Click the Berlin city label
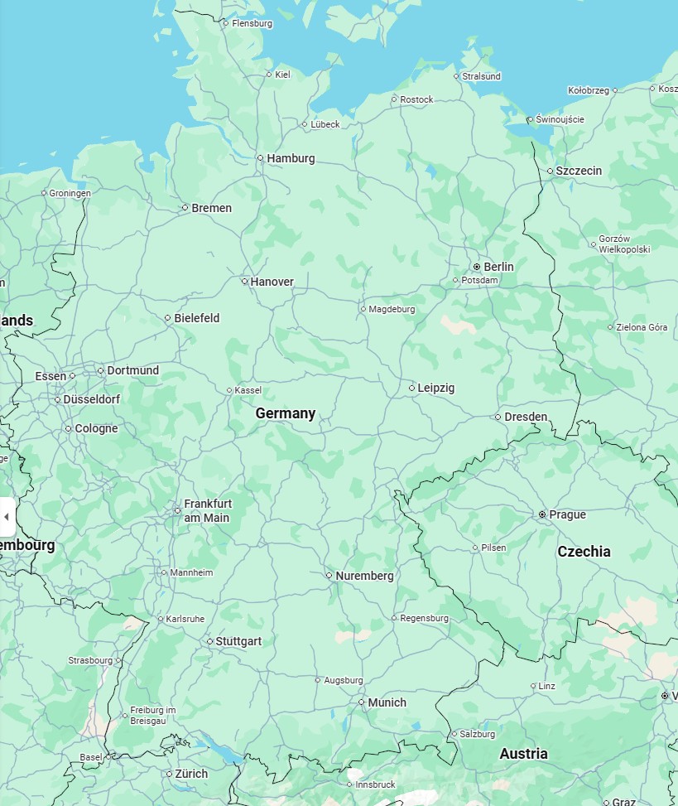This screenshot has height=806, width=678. [x=498, y=267]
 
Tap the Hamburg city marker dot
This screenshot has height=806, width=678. [x=260, y=157]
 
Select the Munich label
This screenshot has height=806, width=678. [x=387, y=702]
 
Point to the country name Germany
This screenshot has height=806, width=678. [x=285, y=413]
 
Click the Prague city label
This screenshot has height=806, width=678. [x=567, y=514]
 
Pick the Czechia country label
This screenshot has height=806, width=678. [x=584, y=552]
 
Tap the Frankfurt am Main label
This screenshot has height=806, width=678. [x=207, y=511]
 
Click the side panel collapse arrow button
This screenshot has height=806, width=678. [x=7, y=517]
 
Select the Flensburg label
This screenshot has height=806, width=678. [x=252, y=23]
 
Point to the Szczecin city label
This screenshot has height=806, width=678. [x=579, y=171]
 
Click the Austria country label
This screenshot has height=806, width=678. [x=523, y=754]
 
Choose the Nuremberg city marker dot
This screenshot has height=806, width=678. [x=329, y=575]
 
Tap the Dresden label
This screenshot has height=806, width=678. [x=526, y=417]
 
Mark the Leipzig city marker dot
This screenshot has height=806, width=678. [x=411, y=388]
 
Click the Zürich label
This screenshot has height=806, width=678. [x=191, y=774]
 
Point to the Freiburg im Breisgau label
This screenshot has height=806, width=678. [x=153, y=716]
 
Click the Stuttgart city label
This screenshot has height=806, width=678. [x=238, y=641]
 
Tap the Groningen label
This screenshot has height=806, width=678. [x=70, y=193]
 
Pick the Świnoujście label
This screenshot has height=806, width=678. [x=560, y=119]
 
